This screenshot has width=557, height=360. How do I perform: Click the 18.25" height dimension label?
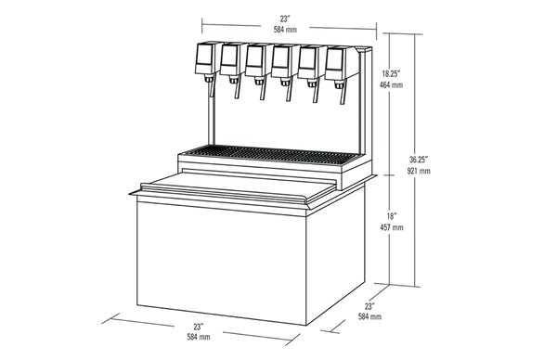click(391, 74)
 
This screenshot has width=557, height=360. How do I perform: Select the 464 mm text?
click(391, 85)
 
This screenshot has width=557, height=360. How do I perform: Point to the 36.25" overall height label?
click(419, 160)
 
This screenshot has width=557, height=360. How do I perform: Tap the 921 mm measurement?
click(419, 171)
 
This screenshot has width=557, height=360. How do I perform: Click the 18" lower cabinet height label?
click(392, 216)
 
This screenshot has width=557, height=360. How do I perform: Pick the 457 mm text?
click(392, 227)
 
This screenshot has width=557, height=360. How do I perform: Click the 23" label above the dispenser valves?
click(284, 19)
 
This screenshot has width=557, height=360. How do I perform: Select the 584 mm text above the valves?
click(285, 30)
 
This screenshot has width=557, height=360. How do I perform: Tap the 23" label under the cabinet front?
click(199, 326)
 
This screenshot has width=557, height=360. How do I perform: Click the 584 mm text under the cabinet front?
click(199, 337)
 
